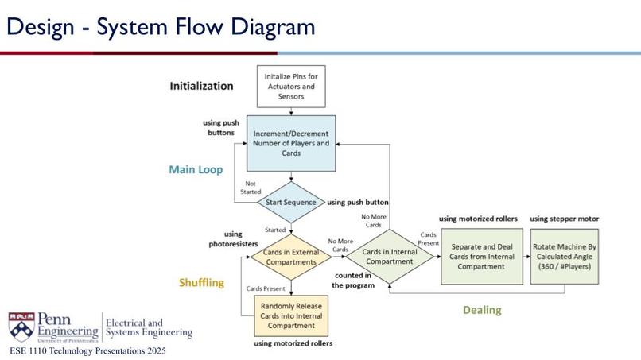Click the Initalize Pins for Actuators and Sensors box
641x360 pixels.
point(291,86)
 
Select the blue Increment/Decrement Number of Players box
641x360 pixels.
point(291,143)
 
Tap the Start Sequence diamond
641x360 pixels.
point(291,203)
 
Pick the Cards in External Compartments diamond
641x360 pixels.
point(291,257)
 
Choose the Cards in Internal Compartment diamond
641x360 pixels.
point(390,257)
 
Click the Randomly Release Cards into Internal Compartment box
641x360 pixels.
point(291,315)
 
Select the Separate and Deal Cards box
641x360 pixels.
point(482,257)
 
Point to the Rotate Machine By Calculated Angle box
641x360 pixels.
point(565,257)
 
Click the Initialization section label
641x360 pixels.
point(201,86)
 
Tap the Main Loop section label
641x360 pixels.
point(196,169)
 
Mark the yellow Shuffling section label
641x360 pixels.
point(201,282)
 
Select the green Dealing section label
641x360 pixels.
point(483,310)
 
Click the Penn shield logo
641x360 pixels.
point(21,327)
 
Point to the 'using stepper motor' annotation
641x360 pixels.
point(565,219)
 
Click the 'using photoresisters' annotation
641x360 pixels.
point(233,239)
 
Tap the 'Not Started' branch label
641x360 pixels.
point(251,188)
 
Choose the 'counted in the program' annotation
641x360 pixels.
point(353,281)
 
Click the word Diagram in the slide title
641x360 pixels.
point(273,27)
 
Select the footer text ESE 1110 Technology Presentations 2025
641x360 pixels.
point(88,351)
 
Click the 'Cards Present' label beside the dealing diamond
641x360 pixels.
point(428,238)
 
